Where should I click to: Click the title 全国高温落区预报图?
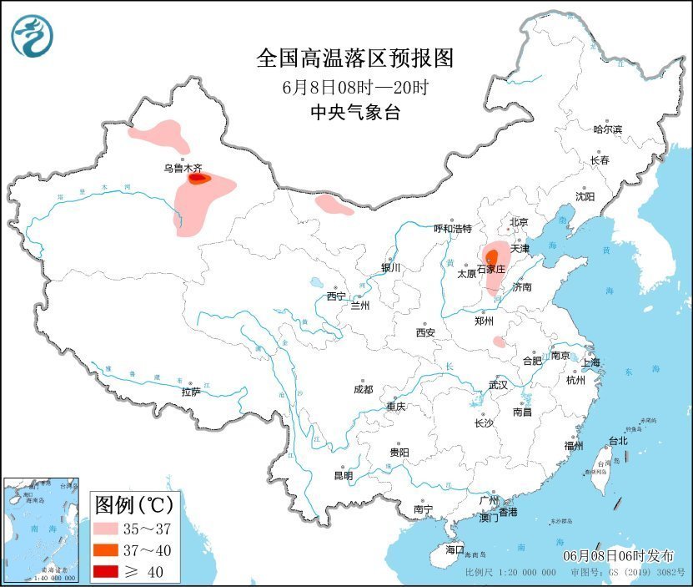click(x=354, y=58)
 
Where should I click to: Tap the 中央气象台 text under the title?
click(x=354, y=113)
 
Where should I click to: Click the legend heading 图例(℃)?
click(x=133, y=504)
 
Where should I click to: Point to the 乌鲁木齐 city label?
click(x=183, y=168)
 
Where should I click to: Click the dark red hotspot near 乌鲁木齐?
click(x=197, y=177)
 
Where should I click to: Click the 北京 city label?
click(x=519, y=221)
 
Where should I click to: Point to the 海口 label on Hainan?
click(x=453, y=549)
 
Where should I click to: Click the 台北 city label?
click(x=616, y=440)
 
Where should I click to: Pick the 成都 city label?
click(x=363, y=389)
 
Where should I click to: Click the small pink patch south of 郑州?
click(x=498, y=342)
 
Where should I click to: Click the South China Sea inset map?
click(x=42, y=530)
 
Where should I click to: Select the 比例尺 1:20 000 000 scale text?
click(x=510, y=574)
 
